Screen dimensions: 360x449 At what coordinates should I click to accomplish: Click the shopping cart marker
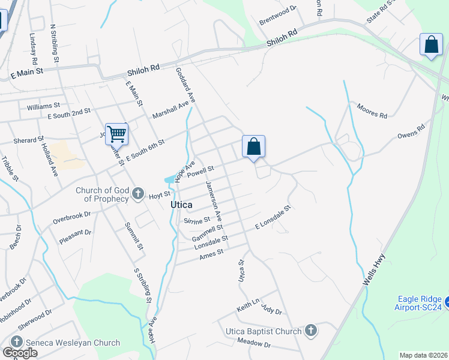coord(116,134)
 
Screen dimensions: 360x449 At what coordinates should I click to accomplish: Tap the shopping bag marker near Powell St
coord(253,146)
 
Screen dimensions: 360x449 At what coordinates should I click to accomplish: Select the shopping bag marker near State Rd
coord(432,45)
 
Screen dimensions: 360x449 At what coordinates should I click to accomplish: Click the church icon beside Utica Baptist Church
coord(311,331)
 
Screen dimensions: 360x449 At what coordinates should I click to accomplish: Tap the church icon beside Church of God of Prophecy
coord(138,193)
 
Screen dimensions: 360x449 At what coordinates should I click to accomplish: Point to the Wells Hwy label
coord(375,271)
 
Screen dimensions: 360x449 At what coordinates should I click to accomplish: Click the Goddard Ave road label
coord(185,84)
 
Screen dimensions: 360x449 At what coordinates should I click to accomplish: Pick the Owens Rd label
coord(411,131)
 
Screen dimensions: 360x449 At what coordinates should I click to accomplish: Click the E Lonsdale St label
coord(273,217)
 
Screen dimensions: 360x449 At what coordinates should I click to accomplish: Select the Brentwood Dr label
coord(278,16)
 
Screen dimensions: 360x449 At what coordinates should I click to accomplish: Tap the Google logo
coord(20,353)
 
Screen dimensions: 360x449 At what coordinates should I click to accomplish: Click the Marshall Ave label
coord(170,110)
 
